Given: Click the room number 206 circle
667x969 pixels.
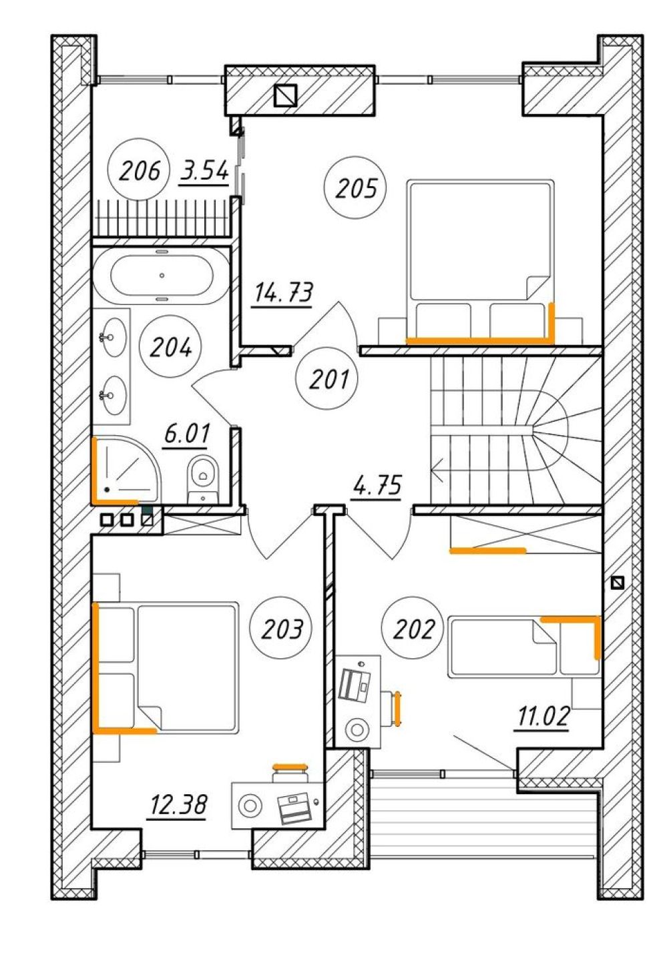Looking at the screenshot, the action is tap(140, 169).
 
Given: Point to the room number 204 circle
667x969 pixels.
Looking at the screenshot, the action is tap(170, 346).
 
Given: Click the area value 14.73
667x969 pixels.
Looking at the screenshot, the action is tap(283, 293).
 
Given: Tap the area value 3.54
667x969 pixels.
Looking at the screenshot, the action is tap(204, 172).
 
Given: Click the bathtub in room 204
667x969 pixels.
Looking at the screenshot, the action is tap(161, 275).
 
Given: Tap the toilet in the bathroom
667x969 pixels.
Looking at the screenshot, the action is tap(202, 479).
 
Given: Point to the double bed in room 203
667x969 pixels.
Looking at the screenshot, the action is tap(166, 668).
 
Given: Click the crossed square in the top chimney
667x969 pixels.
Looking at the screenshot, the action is tap(285, 95).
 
